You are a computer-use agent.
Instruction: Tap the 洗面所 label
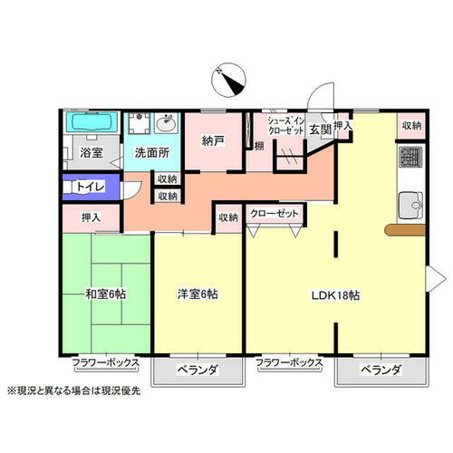pos(152,152)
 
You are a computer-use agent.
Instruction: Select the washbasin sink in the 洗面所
pos(166,123)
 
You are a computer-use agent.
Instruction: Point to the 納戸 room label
pos(213,140)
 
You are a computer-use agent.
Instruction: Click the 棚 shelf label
pos(259,146)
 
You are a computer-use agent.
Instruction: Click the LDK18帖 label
pos(336,295)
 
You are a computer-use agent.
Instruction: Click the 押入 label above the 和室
pos(91,217)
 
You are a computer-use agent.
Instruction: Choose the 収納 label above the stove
pos(412,126)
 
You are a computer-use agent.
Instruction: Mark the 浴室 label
pos(91,152)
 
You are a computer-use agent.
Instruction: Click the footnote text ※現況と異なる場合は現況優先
pos(80,391)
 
